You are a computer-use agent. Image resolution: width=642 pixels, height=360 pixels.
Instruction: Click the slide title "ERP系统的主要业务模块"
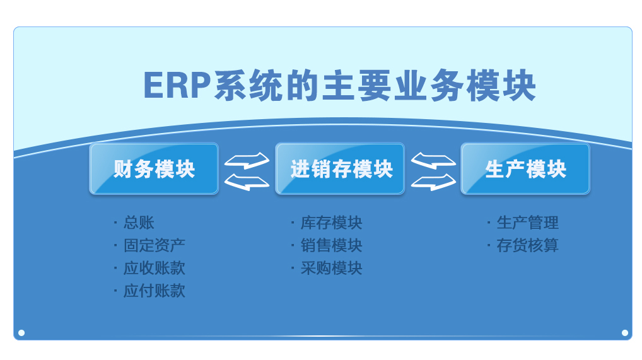(339, 86)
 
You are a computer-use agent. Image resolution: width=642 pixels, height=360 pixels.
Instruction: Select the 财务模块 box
(154, 169)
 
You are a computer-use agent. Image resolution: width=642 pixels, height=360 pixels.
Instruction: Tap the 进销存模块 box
(341, 169)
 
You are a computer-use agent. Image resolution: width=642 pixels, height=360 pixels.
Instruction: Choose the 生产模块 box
(525, 169)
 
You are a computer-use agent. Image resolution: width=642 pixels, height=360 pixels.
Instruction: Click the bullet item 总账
(139, 223)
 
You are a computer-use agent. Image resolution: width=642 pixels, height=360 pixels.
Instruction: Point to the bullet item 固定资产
(155, 245)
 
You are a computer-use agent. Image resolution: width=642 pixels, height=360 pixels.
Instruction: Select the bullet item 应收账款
(155, 268)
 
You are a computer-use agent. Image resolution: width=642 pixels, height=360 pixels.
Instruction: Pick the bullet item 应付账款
(155, 291)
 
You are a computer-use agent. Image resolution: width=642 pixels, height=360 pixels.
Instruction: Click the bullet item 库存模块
(331, 223)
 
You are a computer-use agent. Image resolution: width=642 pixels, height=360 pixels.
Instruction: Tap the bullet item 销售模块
(331, 245)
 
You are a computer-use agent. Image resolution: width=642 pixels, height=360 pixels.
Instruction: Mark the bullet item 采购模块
(331, 268)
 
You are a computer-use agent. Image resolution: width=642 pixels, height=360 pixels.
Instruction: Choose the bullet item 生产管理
(527, 223)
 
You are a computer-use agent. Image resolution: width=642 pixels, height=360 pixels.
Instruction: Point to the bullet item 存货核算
(527, 245)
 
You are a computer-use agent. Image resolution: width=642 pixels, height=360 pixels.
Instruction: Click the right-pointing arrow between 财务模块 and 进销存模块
(247, 161)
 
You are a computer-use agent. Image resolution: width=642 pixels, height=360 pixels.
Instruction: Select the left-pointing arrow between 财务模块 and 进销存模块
(247, 182)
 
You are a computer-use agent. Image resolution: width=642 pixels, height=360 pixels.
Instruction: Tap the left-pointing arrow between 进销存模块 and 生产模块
(433, 161)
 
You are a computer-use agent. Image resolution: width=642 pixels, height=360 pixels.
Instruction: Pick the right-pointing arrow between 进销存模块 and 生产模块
(433, 182)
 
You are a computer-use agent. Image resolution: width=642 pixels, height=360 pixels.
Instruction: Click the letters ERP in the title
(177, 86)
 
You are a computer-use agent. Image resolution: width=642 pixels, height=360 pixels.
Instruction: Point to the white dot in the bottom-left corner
(21, 333)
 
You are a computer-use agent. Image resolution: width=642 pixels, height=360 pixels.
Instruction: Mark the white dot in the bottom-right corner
(625, 333)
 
